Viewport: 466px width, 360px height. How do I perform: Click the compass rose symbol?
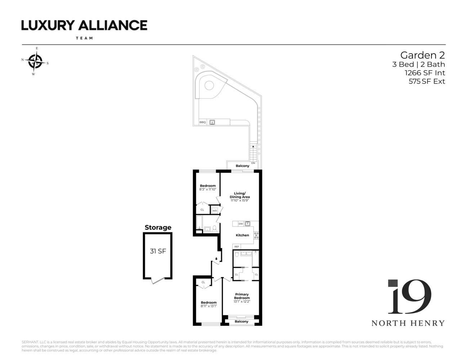35,61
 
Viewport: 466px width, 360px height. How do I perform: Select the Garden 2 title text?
422,55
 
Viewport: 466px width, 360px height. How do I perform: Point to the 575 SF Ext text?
427,81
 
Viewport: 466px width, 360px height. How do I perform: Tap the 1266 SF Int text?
425,73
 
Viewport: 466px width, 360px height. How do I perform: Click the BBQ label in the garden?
202,122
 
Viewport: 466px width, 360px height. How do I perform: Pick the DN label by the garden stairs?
253,163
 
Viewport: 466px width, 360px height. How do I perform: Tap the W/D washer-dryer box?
215,211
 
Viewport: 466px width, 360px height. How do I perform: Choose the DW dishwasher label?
241,224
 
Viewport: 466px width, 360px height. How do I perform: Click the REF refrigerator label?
237,247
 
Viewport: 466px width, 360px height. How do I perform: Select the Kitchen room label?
242,235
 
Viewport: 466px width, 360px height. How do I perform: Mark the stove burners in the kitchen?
256,235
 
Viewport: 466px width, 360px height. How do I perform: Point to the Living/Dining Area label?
240,195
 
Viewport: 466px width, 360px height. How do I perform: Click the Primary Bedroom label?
242,296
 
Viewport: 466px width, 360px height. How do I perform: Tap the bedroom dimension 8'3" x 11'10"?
208,189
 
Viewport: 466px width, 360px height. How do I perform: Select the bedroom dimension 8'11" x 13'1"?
209,306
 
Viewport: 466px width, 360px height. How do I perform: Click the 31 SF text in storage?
158,251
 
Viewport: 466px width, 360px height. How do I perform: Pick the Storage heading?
158,228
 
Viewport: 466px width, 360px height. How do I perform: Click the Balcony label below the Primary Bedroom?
242,321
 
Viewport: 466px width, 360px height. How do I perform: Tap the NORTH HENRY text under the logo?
408,323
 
